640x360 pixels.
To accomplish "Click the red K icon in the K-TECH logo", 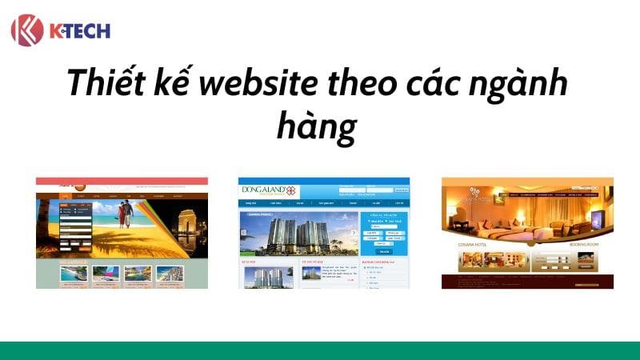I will point(26,30).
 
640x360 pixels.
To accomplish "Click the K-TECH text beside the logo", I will point(78,30).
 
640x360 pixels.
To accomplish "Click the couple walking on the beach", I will point(122,214).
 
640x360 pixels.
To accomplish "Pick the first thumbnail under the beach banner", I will point(74,274).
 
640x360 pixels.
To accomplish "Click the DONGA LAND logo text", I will point(263,190).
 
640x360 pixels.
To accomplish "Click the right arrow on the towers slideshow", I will point(354,233).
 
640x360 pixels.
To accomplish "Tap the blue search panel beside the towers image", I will point(384,233).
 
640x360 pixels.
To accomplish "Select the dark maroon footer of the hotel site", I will point(527,280).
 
